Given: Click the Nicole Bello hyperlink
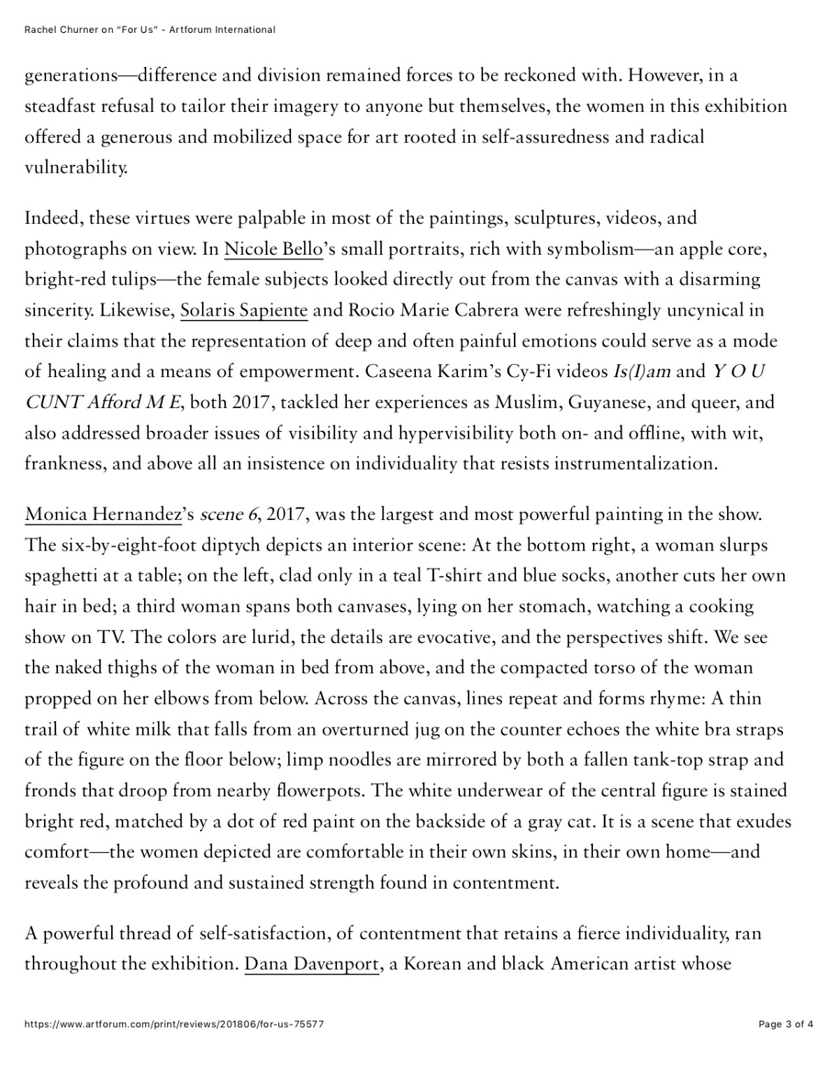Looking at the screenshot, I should (x=273, y=249).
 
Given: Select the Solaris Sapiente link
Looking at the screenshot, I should (x=243, y=310).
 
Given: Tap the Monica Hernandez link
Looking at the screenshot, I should (x=103, y=515).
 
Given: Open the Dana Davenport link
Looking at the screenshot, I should (x=311, y=964).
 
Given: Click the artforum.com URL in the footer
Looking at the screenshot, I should (x=174, y=1024).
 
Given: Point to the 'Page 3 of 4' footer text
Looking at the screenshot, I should (x=786, y=1024).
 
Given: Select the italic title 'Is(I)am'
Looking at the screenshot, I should (x=641, y=372).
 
